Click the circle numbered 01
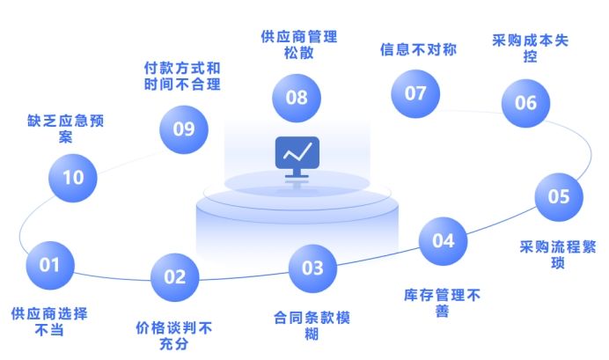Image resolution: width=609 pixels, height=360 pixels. (50, 264)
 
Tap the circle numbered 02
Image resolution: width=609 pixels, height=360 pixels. (175, 276)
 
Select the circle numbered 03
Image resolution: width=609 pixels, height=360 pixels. (312, 268)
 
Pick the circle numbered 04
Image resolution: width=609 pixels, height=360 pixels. (443, 240)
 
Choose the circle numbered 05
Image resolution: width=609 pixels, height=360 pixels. (559, 196)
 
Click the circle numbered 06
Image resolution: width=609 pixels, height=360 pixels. (525, 103)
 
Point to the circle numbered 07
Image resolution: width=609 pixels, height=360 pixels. (415, 93)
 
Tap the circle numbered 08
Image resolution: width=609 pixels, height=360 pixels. (297, 97)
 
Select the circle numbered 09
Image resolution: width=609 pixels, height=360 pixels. (183, 129)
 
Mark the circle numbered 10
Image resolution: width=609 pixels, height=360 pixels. (73, 177)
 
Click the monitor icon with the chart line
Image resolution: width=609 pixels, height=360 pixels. (297, 156)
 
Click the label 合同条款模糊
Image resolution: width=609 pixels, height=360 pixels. (312, 325)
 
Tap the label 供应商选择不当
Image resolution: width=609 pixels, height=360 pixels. (49, 321)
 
